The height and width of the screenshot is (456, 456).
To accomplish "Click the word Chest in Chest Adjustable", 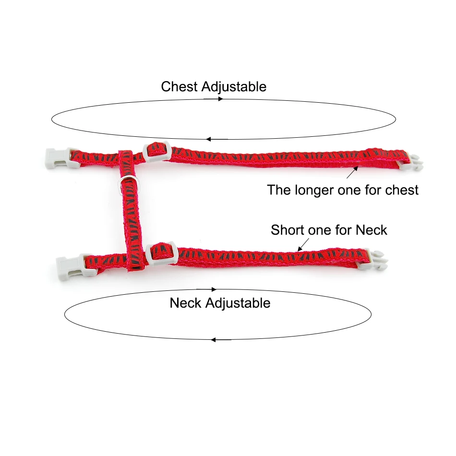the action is click(180, 87).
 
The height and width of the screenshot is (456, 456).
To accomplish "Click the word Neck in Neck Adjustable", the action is click(186, 303).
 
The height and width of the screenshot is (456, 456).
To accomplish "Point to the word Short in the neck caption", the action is click(287, 230).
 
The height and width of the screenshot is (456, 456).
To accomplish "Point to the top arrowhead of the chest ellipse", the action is click(220, 99).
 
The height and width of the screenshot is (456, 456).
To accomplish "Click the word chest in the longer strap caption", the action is click(402, 190).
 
